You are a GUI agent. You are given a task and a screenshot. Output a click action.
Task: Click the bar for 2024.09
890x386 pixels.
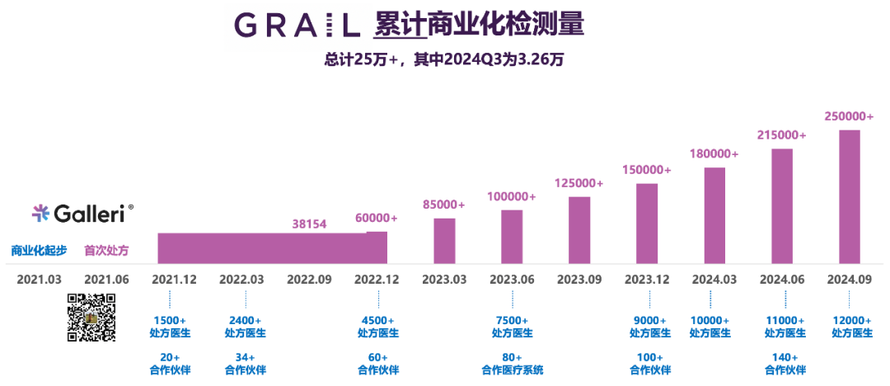pyautogui.click(x=850, y=196)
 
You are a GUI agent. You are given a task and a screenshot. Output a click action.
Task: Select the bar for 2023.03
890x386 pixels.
pyautogui.click(x=444, y=240)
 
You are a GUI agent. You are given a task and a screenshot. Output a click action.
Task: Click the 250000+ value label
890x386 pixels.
pyautogui.click(x=850, y=116)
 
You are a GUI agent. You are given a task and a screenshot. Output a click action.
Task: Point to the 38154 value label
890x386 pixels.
pyautogui.click(x=310, y=223)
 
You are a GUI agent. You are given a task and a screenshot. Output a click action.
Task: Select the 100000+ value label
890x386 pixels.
pyautogui.click(x=511, y=197)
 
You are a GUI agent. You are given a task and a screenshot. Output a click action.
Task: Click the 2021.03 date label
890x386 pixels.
pyautogui.click(x=39, y=280)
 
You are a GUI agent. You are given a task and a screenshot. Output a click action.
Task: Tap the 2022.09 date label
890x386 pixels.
pyautogui.click(x=309, y=280)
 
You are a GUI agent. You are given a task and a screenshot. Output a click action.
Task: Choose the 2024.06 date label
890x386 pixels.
pyautogui.click(x=783, y=280)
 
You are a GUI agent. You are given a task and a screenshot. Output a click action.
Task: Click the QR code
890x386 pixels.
pyautogui.click(x=91, y=318)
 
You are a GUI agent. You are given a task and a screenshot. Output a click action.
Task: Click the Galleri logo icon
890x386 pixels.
pyautogui.click(x=40, y=214)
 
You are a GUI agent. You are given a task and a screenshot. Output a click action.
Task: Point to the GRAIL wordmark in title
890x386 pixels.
pyautogui.click(x=297, y=26)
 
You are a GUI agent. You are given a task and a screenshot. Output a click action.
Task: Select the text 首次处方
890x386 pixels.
pyautogui.click(x=106, y=250)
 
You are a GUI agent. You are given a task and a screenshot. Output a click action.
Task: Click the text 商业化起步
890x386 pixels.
pyautogui.click(x=39, y=250)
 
